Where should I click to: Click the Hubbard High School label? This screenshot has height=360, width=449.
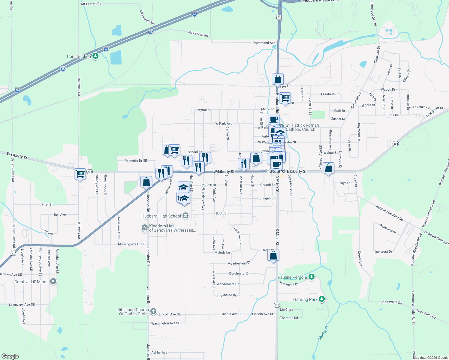161,216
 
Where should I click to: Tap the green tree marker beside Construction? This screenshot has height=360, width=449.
95,56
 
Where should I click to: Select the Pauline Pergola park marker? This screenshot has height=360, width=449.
312,277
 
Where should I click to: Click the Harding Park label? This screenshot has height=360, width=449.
305,299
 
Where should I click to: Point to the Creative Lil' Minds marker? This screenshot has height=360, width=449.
53,281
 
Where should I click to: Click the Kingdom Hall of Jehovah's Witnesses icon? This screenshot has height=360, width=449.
145,228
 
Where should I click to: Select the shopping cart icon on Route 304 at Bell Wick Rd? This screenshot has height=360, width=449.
80,174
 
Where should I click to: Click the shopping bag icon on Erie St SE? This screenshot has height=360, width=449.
278,79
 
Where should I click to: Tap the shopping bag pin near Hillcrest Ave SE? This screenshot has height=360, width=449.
329,168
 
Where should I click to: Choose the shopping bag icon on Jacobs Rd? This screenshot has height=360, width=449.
146,182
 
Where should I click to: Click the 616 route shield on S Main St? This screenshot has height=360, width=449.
277,305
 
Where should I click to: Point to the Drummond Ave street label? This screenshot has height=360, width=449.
264,43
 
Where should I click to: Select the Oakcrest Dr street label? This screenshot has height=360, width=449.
383,252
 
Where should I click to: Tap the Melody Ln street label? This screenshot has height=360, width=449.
222,253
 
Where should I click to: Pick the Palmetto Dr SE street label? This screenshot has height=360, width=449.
136,161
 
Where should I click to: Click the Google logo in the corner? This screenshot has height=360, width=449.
10,356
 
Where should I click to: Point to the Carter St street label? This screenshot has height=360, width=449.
46,204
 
